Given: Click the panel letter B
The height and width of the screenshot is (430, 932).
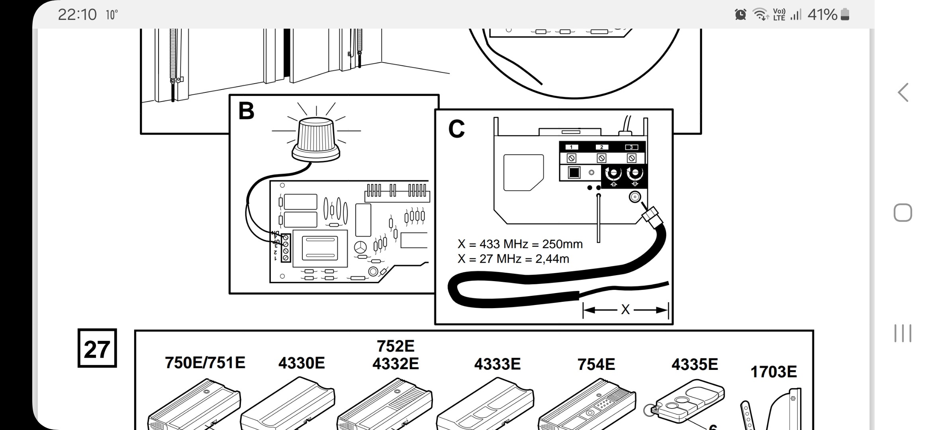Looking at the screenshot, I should pos(246,111).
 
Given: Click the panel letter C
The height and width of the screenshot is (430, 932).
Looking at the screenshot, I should pos(456,129).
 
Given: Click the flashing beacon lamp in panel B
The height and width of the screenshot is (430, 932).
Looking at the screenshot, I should pos(316,139).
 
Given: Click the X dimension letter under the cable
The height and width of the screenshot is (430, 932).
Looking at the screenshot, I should pos(625,310).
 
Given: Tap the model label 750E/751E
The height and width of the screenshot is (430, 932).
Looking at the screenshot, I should pos(205,363).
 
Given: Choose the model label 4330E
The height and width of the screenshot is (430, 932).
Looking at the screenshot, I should pos(302,363).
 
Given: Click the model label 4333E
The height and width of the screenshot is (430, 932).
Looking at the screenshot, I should pos(497,364).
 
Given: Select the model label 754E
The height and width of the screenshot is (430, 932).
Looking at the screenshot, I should pos(596,364).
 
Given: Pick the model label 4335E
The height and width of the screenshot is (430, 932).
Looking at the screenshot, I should pos(695,364).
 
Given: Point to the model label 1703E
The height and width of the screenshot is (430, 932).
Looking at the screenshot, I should pos(773,372).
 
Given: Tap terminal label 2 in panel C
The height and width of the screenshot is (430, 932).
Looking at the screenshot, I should pos(601,147).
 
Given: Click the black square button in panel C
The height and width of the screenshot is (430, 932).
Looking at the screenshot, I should pos(574,173).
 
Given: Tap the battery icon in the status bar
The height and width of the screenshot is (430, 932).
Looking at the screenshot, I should pos(845,15).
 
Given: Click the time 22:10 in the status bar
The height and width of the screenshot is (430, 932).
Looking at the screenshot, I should pos(77,15).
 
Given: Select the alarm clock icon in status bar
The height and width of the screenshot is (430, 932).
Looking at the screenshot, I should pos(740,15).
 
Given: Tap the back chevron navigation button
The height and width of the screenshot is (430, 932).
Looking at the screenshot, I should pos(903,92).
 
